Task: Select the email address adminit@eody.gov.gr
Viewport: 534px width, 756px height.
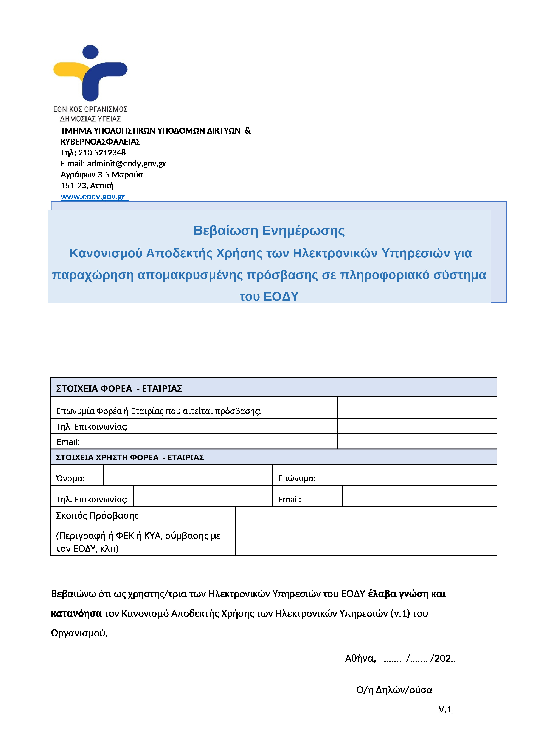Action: click(126, 164)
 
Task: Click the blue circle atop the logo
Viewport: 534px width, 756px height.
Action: click(90, 52)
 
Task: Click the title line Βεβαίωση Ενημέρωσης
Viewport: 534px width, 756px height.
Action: click(269, 231)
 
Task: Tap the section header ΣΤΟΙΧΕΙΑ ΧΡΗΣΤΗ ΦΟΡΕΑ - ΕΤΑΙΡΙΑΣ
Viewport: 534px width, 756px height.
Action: click(130, 457)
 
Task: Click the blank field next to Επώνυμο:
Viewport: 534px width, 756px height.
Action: click(408, 475)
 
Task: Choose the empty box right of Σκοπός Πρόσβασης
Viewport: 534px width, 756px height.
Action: click(366, 531)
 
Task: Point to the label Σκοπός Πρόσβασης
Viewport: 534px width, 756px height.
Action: click(97, 516)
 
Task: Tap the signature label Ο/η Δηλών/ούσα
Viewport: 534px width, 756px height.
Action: click(394, 690)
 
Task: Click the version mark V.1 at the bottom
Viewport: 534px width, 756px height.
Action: click(445, 709)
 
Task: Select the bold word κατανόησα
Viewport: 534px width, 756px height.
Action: click(76, 613)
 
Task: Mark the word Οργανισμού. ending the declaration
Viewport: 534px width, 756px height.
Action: click(79, 633)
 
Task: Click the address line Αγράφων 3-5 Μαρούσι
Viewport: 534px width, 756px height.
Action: click(103, 175)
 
